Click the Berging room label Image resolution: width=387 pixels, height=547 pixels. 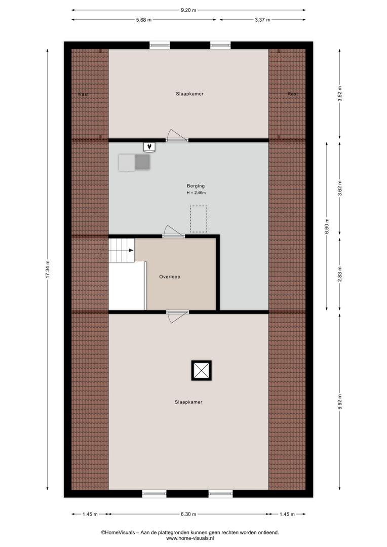coord(196,186)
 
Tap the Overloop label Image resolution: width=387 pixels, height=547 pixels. coord(170,277)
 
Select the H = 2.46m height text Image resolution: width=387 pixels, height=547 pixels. coord(196,192)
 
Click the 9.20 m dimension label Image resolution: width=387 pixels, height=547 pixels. coord(188,10)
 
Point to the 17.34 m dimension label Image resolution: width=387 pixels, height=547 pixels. coord(48,269)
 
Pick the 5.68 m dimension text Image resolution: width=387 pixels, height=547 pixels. coord(144,20)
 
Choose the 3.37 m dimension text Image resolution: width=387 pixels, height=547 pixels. coord(262,20)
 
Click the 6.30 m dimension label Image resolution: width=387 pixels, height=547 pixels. coord(188,514)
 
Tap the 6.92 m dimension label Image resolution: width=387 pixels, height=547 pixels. coord(340,402)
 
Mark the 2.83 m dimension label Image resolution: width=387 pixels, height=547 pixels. coord(340,274)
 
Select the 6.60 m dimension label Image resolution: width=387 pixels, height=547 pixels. coord(327,226)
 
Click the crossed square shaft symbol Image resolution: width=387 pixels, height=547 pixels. coord(202,370)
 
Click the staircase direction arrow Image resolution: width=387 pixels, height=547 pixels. coord(131,250)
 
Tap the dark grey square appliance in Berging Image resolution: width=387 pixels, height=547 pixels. coord(142,162)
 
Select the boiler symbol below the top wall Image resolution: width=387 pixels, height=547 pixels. coord(149,147)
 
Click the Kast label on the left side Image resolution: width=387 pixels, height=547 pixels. coord(84,94)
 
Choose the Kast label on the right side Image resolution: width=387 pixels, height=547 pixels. coord(293,94)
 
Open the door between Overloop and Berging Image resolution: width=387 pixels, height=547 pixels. coord(173,232)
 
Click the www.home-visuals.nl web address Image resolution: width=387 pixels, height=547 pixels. coord(190,538)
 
